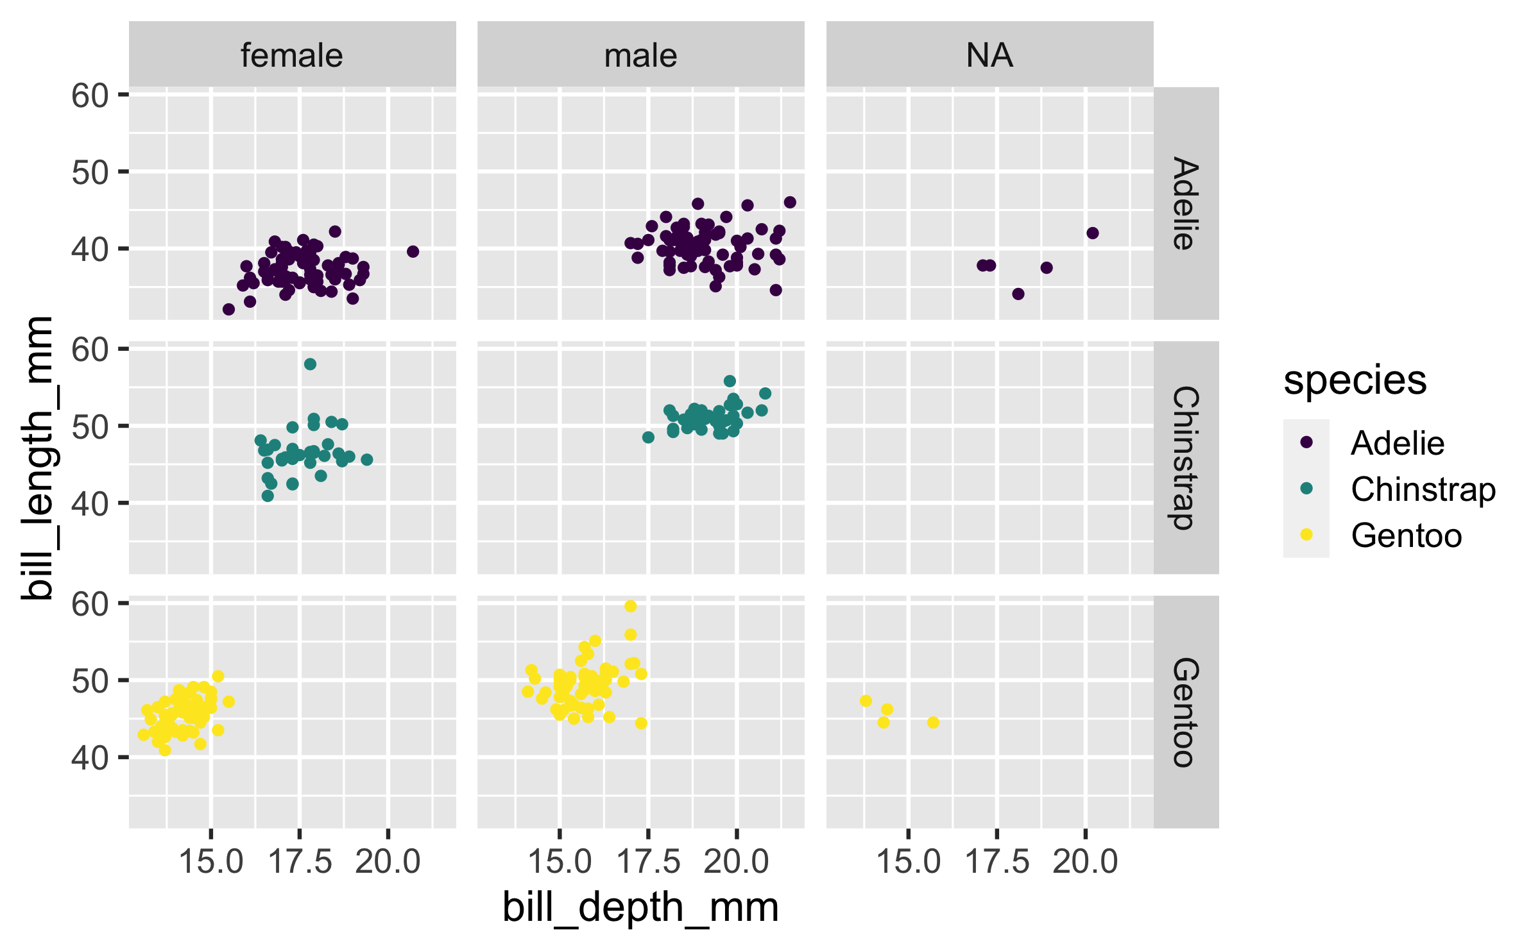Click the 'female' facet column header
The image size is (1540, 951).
[292, 55]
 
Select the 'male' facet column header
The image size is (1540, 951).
[640, 55]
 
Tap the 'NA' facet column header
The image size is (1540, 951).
[989, 55]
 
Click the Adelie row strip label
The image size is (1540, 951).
[1185, 203]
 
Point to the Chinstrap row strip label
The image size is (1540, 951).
[1185, 457]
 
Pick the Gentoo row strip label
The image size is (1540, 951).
[1185, 712]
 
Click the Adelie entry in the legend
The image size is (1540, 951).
[1398, 443]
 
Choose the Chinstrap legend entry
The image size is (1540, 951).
[1423, 489]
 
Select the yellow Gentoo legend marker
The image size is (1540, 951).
[1306, 535]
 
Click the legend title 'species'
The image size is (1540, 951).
[1355, 380]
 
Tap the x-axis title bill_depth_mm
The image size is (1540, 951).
[640, 907]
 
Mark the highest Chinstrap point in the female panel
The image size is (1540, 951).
[310, 364]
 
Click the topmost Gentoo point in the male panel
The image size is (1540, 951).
[631, 606]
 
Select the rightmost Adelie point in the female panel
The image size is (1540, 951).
[413, 251]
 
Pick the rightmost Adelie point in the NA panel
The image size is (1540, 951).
[1093, 233]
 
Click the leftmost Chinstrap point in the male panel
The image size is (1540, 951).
[648, 437]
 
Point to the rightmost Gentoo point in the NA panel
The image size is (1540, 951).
[933, 723]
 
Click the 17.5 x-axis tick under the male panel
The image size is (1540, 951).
[648, 861]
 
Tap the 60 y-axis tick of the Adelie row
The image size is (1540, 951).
[90, 96]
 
